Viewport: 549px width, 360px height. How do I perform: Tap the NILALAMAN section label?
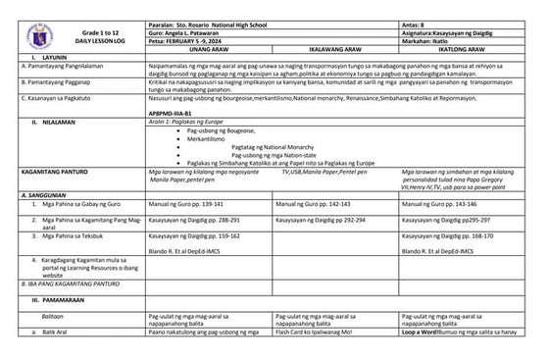[x=48, y=123]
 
